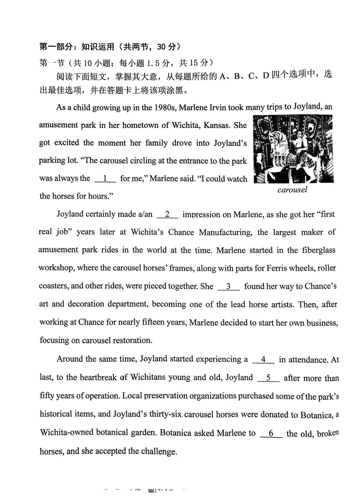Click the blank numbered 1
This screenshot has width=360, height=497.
pyautogui.click(x=105, y=179)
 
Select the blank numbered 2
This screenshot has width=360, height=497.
pyautogui.click(x=167, y=214)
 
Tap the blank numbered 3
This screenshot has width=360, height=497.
pyautogui.click(x=229, y=286)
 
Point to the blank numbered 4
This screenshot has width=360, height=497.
pyautogui.click(x=263, y=360)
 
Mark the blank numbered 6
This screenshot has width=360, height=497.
pyautogui.click(x=271, y=433)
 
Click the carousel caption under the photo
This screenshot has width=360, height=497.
pyautogui.click(x=292, y=190)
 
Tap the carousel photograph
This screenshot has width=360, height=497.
pyautogui.click(x=293, y=149)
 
